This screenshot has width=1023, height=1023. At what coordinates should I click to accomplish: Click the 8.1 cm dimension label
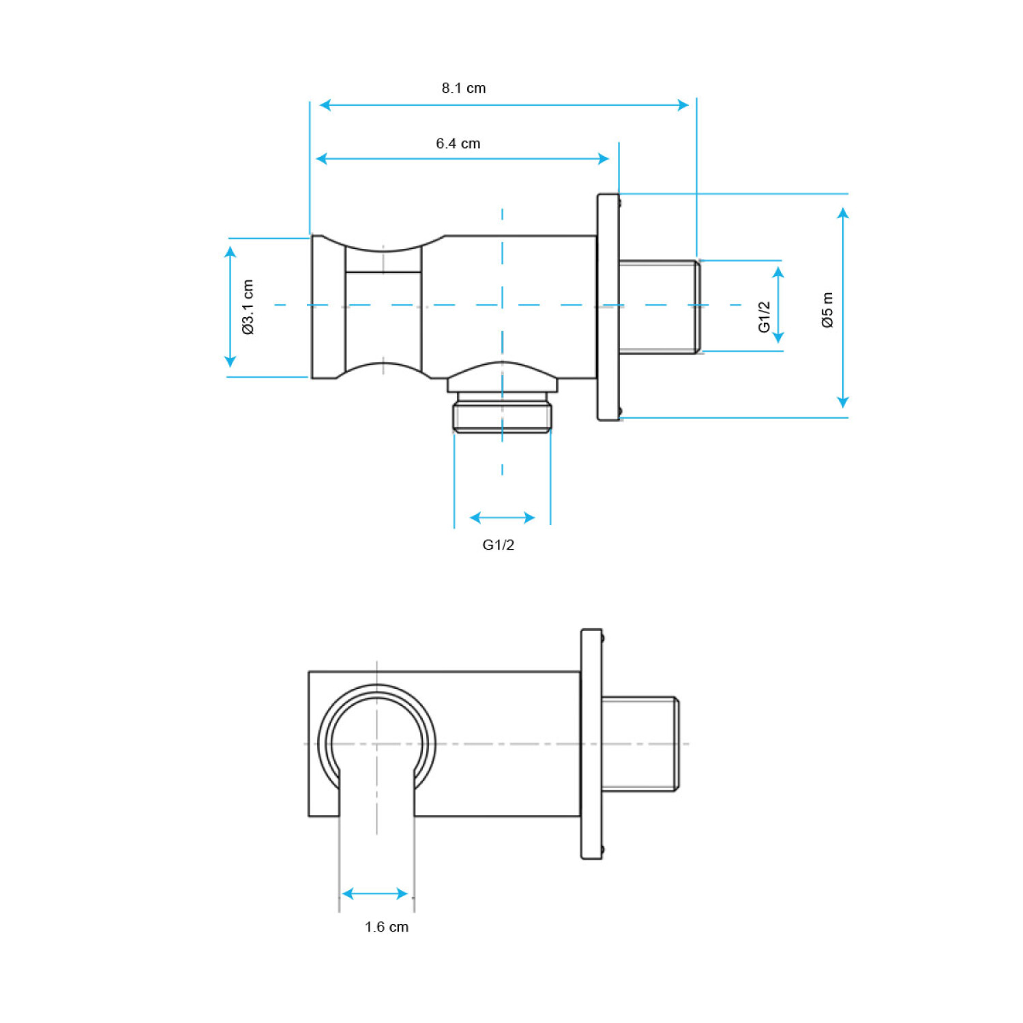464,88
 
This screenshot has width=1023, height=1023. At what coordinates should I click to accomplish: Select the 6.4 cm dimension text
458,144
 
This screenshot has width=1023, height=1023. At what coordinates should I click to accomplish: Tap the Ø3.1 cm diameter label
248,307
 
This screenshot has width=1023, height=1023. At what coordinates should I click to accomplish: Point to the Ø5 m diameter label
827,310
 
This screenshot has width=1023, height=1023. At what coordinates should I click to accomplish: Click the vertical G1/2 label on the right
765,317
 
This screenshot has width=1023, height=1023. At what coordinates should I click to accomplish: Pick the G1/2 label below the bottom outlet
499,545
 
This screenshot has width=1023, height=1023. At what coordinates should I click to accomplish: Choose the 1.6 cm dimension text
387,927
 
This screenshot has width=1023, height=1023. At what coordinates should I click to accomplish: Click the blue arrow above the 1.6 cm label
375,893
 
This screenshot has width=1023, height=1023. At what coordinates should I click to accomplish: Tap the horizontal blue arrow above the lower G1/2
503,518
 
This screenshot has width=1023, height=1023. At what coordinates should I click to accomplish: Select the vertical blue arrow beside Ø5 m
844,308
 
